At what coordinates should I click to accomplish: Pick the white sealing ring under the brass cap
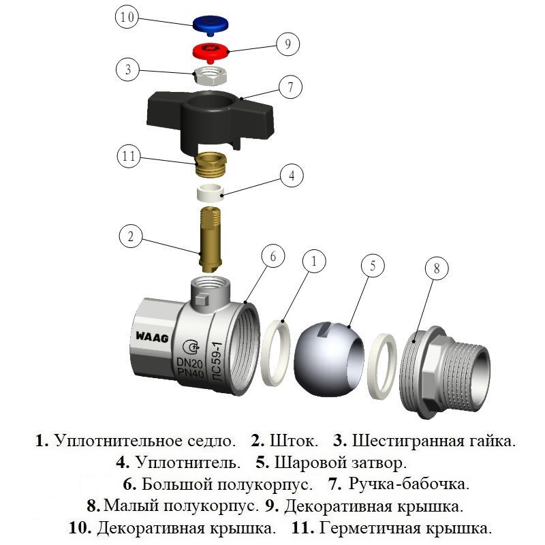[x=211, y=191]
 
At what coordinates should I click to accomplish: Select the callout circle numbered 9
[x=288, y=44]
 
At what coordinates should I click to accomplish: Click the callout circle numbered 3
[x=127, y=69]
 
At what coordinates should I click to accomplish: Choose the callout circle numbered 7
[x=290, y=88]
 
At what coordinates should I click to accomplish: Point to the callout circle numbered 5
[x=373, y=266]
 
